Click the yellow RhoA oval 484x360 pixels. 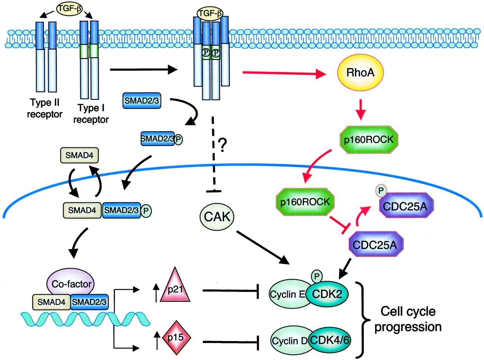[x=360, y=73]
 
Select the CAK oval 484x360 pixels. [x=217, y=216]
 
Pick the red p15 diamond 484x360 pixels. [x=175, y=337]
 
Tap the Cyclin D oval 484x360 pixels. [x=289, y=341]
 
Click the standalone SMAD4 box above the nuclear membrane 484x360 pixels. [x=79, y=155]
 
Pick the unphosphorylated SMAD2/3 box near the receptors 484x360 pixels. [x=141, y=101]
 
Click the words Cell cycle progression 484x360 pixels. [x=408, y=319]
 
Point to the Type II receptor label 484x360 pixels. [x=45, y=108]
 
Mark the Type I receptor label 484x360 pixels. [x=91, y=114]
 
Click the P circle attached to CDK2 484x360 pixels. [x=316, y=277]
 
